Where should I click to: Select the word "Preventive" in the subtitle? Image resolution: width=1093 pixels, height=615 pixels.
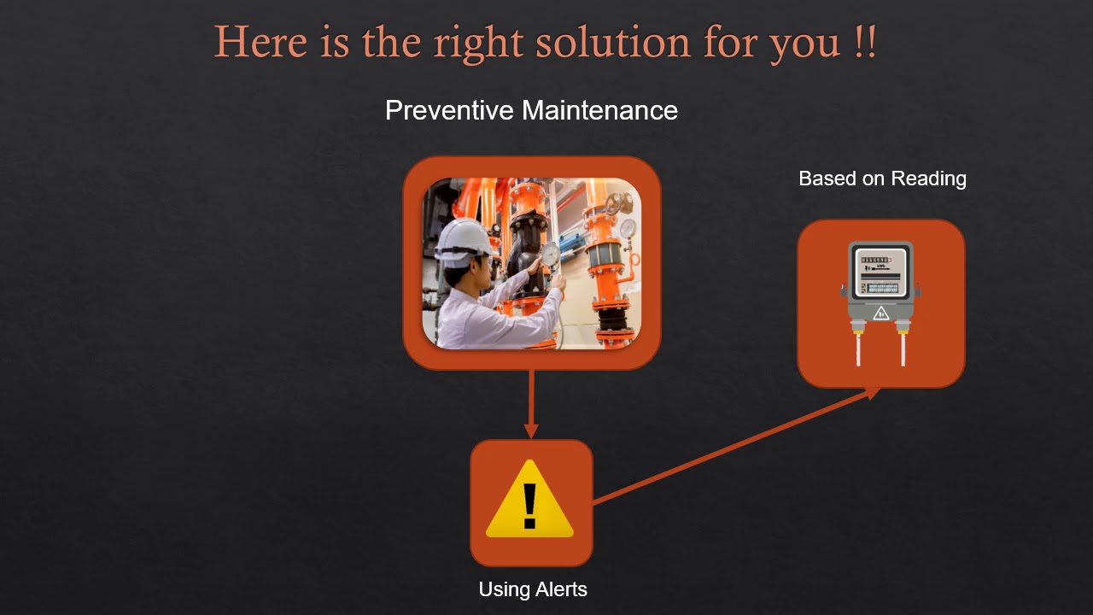tap(450, 110)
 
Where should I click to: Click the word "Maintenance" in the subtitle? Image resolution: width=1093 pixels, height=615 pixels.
tap(599, 110)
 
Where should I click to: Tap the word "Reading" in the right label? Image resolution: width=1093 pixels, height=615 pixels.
tap(929, 179)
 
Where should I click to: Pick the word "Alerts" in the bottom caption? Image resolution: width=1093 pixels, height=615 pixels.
tap(560, 589)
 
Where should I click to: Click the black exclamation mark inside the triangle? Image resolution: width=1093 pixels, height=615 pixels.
tap(529, 506)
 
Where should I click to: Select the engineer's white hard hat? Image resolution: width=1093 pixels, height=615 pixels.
tap(463, 237)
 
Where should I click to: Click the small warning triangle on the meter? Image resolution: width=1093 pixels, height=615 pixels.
tap(881, 313)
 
